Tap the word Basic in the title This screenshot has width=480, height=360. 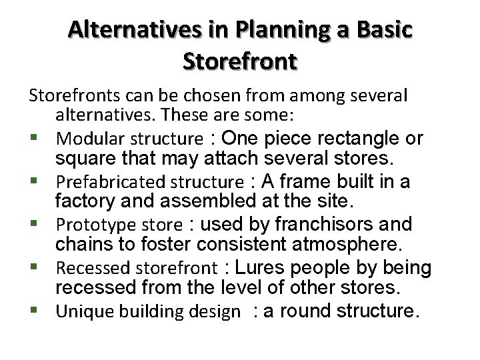[382, 30]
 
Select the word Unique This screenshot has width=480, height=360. [77, 311]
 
